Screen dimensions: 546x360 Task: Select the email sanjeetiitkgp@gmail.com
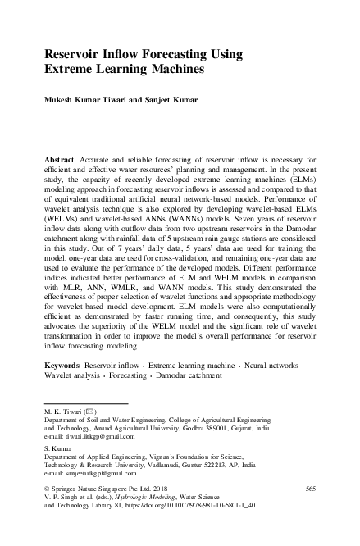pos(95,474)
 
